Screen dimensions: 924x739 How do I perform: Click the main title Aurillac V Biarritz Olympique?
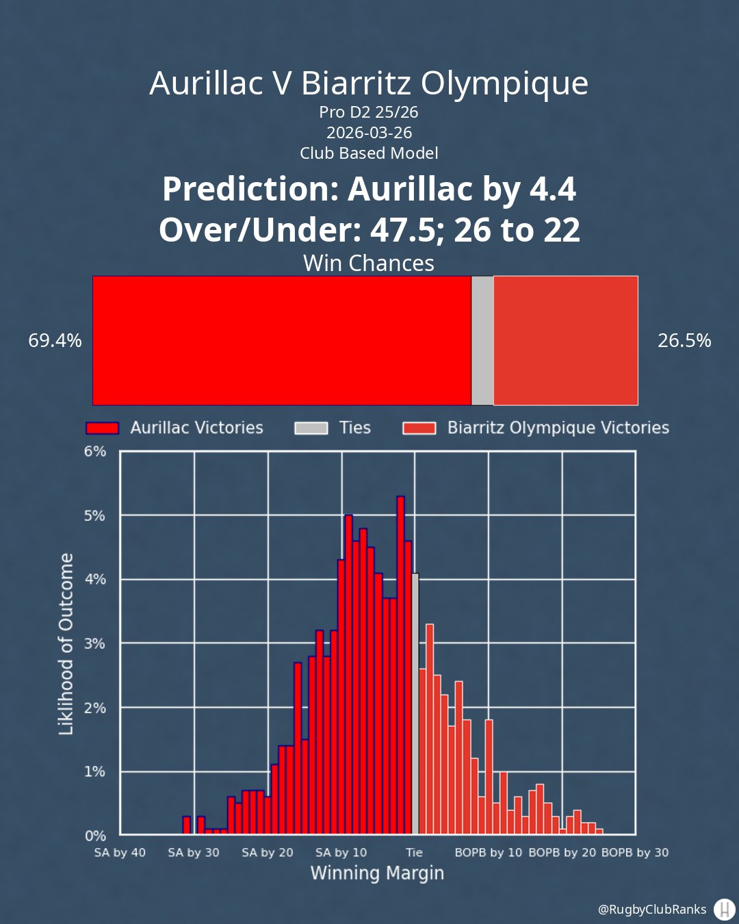pyautogui.click(x=369, y=84)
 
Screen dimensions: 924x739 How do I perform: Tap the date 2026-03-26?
pyautogui.click(x=369, y=132)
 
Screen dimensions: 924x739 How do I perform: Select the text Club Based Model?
pyautogui.click(x=369, y=153)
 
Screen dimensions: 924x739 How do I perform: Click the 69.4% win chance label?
pyautogui.click(x=55, y=340)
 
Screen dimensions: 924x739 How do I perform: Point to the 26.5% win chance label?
pyautogui.click(x=684, y=340)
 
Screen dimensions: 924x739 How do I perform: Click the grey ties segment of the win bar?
pyautogui.click(x=482, y=340)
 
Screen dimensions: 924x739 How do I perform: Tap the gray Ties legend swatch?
pyautogui.click(x=311, y=428)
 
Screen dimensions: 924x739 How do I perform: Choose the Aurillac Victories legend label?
pyautogui.click(x=196, y=428)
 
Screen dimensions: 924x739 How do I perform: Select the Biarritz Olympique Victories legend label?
pyautogui.click(x=558, y=428)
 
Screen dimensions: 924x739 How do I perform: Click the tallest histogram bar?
pyautogui.click(x=400, y=664)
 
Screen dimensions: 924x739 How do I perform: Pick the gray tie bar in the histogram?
pyautogui.click(x=415, y=705)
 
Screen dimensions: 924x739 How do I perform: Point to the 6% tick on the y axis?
pyautogui.click(x=95, y=451)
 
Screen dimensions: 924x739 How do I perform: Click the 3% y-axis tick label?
pyautogui.click(x=95, y=643)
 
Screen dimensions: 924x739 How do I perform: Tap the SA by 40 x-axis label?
pyautogui.click(x=120, y=852)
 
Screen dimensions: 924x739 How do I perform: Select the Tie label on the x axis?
pyautogui.click(x=415, y=852)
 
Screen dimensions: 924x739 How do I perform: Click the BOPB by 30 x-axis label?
pyautogui.click(x=635, y=852)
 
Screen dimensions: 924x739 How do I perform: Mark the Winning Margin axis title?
pyautogui.click(x=377, y=873)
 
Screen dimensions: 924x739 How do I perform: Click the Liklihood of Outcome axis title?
pyautogui.click(x=66, y=644)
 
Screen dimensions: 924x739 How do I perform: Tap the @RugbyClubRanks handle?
pyautogui.click(x=651, y=909)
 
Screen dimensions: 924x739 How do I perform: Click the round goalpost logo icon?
pyautogui.click(x=723, y=909)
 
